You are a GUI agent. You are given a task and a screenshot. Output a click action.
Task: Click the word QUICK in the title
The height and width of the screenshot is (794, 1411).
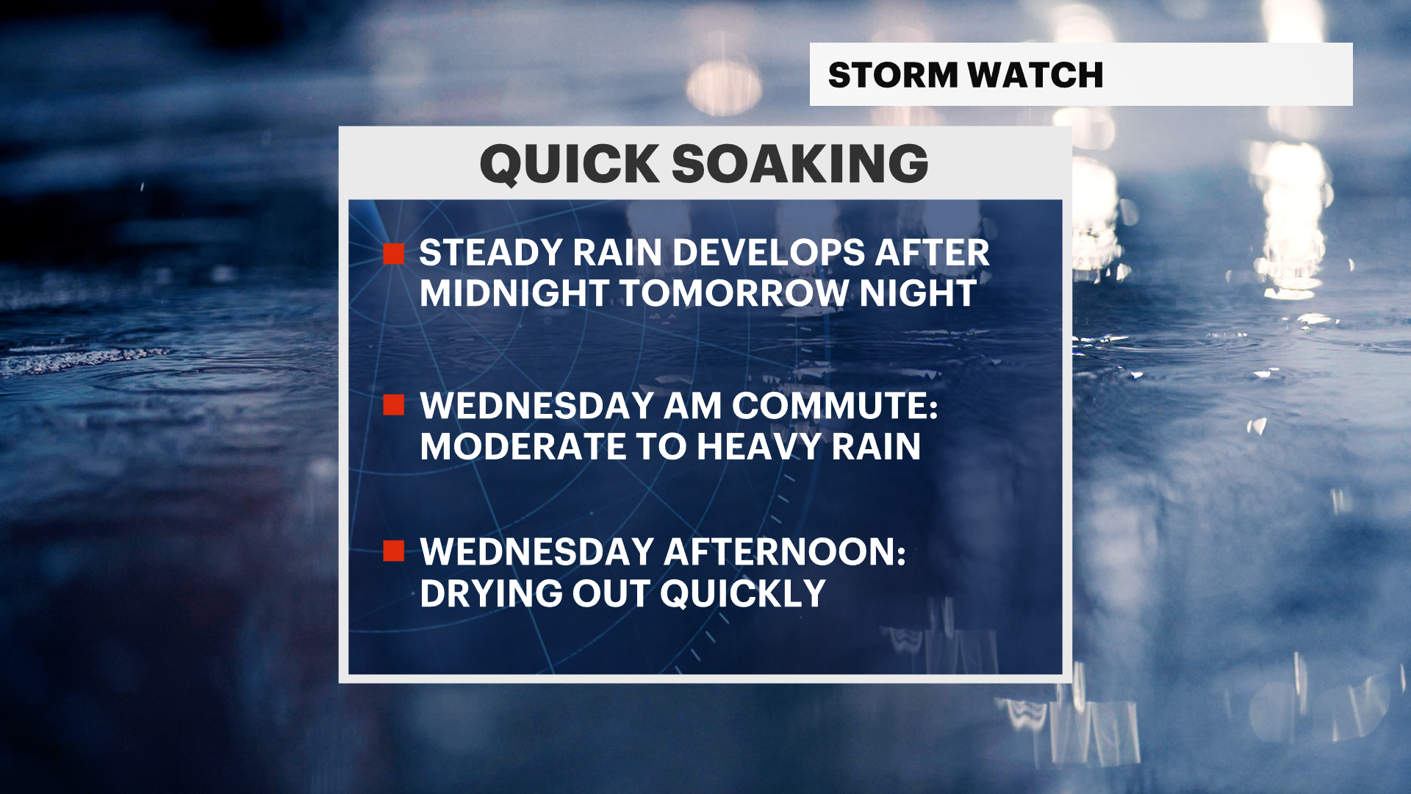pyautogui.click(x=570, y=164)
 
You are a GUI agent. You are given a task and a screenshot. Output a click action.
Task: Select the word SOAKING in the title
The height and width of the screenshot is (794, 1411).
pyautogui.click(x=800, y=163)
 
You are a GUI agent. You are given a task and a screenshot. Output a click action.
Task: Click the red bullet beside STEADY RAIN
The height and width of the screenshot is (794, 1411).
pyautogui.click(x=394, y=254)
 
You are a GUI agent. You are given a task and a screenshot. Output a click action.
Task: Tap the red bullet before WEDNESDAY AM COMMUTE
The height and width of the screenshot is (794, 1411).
pyautogui.click(x=394, y=405)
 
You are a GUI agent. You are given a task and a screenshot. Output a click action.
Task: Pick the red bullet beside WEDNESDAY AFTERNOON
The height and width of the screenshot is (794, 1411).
pyautogui.click(x=394, y=551)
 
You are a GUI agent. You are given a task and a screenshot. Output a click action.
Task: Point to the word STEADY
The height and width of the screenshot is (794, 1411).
pyautogui.click(x=491, y=253)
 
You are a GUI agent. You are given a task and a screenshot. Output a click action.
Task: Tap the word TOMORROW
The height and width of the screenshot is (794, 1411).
pyautogui.click(x=734, y=293)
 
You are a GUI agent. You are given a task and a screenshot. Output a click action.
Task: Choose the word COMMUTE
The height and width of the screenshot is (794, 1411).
pyautogui.click(x=835, y=406)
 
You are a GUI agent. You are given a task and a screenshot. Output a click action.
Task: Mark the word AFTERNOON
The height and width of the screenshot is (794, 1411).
pyautogui.click(x=785, y=552)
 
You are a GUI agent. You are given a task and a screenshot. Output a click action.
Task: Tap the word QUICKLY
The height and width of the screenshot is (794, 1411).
pyautogui.click(x=743, y=593)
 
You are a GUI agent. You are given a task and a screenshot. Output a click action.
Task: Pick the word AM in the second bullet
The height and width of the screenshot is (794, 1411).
pyautogui.click(x=692, y=406)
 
